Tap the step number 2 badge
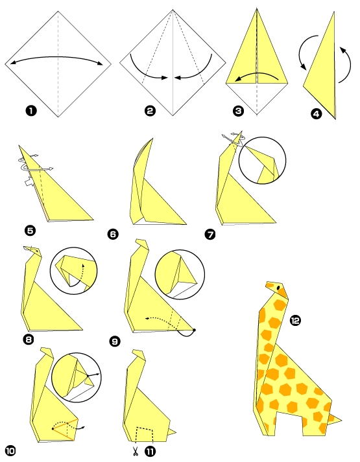click(150, 111)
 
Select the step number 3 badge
click(239, 111)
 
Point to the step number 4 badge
click(316, 115)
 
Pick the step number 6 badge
click(114, 234)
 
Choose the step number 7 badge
click(210, 234)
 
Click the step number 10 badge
click(11, 450)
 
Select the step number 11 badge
click(150, 449)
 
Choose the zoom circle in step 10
click(75, 377)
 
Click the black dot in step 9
click(194, 330)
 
